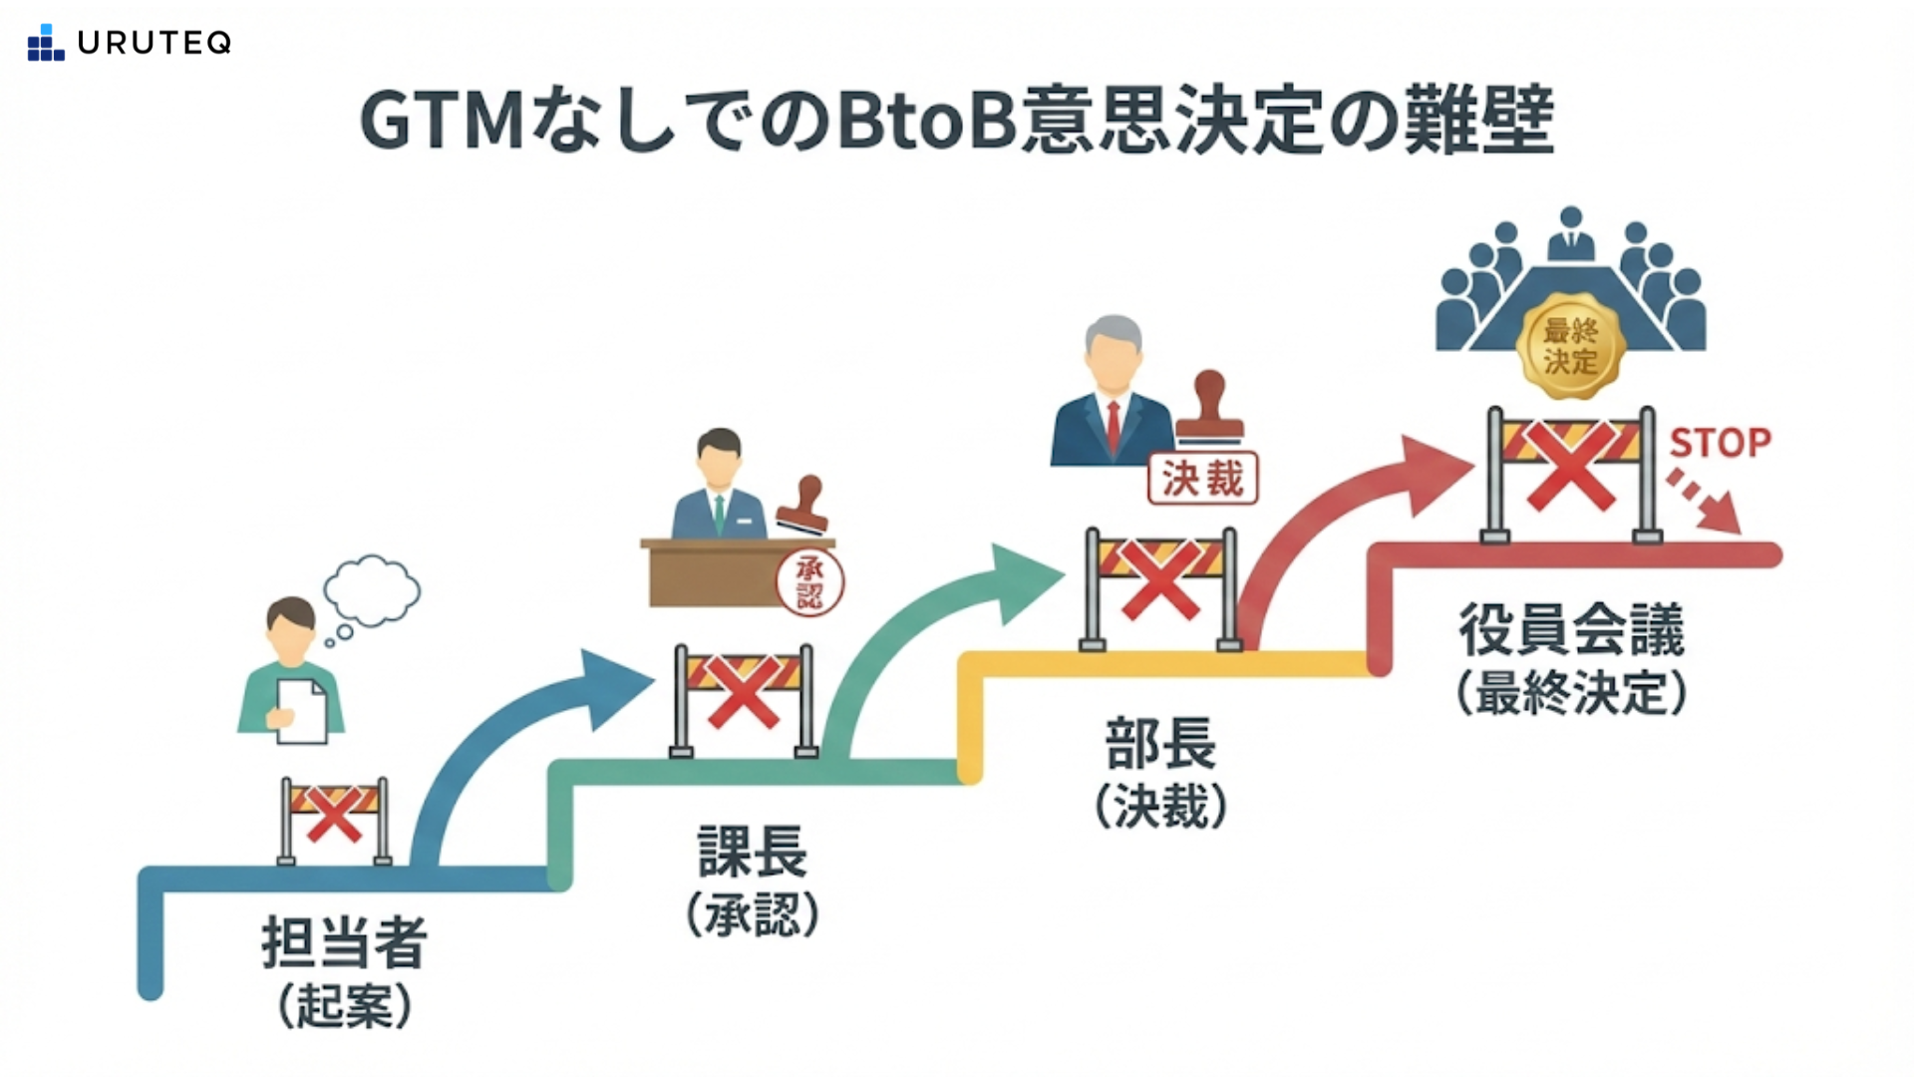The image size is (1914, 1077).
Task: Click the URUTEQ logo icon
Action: [x=46, y=43]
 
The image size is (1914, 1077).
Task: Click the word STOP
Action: [x=1720, y=443]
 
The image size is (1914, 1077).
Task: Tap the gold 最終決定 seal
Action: [x=1570, y=346]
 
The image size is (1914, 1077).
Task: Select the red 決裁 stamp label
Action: [x=1203, y=479]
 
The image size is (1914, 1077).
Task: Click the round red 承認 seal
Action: [x=809, y=582]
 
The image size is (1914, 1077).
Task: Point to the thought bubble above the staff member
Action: [x=371, y=590]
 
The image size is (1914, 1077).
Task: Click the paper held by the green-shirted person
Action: [x=302, y=711]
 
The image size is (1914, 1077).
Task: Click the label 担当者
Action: [x=345, y=942]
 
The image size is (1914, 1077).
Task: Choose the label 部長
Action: [x=1160, y=743]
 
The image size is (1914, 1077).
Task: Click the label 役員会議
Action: [x=1571, y=629]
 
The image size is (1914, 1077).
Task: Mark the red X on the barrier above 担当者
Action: [x=334, y=815]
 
